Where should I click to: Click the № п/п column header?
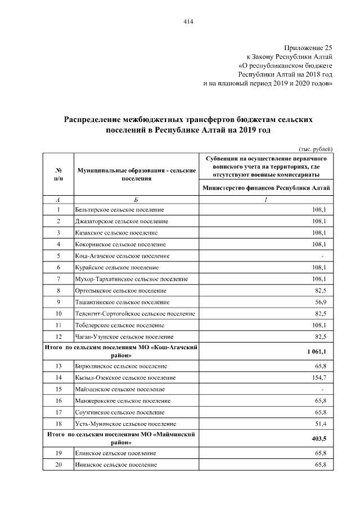tap(58, 174)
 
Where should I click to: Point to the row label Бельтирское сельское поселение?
tap(123, 210)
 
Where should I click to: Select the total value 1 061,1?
tap(317, 352)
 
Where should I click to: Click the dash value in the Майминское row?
tap(322, 389)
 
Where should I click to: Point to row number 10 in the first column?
tap(58, 313)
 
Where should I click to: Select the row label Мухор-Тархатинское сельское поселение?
tap(131, 279)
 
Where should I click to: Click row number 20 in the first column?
tap(58, 465)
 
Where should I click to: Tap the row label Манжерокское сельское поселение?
tap(123, 400)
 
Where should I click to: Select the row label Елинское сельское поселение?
tap(115, 453)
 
